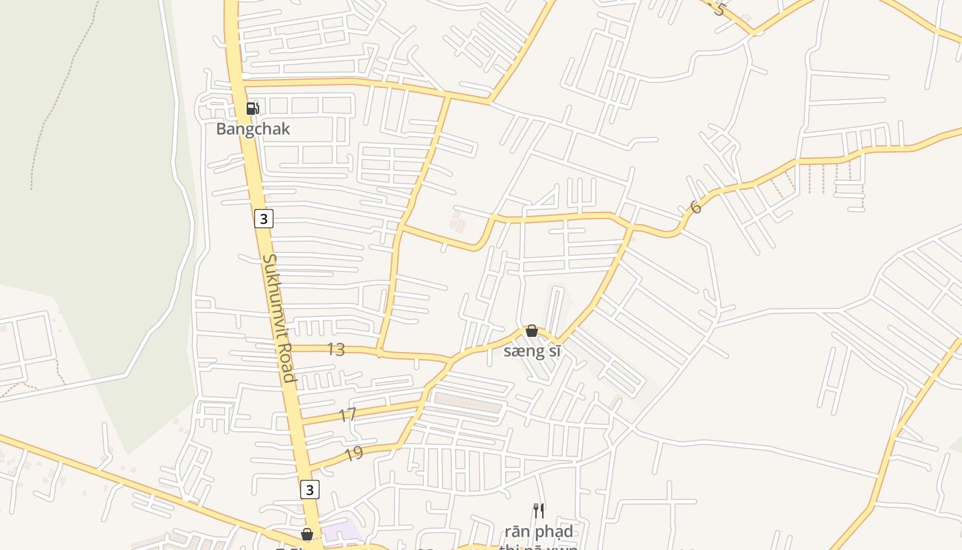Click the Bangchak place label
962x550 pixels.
(x=253, y=129)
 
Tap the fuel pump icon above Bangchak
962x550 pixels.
(x=253, y=108)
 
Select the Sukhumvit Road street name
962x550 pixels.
(x=279, y=318)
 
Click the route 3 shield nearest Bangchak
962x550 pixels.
(x=263, y=219)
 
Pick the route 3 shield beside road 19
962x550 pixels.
(x=310, y=489)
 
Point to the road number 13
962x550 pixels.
(x=335, y=349)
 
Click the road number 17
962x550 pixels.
(x=348, y=415)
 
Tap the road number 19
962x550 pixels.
(x=353, y=454)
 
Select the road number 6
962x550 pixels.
(x=695, y=207)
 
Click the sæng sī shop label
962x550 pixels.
(x=532, y=351)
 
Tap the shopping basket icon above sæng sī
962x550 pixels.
(x=531, y=331)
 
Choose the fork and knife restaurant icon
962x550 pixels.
(x=539, y=510)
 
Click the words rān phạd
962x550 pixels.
(x=539, y=531)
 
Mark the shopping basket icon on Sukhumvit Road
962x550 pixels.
(x=307, y=534)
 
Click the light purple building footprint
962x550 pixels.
(x=342, y=531)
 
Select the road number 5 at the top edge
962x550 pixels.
(x=719, y=9)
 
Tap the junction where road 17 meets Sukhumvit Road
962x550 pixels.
(x=300, y=421)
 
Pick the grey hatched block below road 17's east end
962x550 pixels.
(x=467, y=406)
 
